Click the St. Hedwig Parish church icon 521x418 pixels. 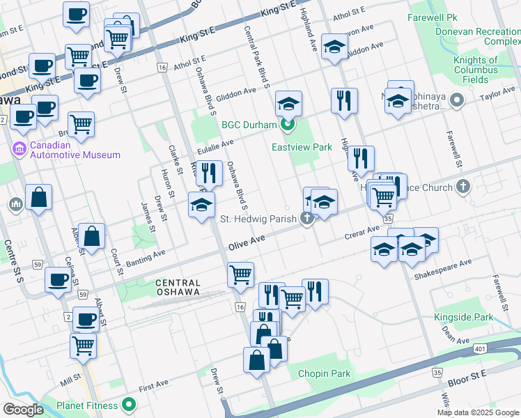pos(306,219)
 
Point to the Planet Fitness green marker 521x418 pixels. pos(127,405)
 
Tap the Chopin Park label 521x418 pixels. pos(324,373)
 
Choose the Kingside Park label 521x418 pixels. pos(463,318)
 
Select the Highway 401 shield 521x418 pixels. pos(479,348)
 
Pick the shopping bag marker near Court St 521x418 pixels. pos(91,237)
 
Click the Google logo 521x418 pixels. pos(23,410)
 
